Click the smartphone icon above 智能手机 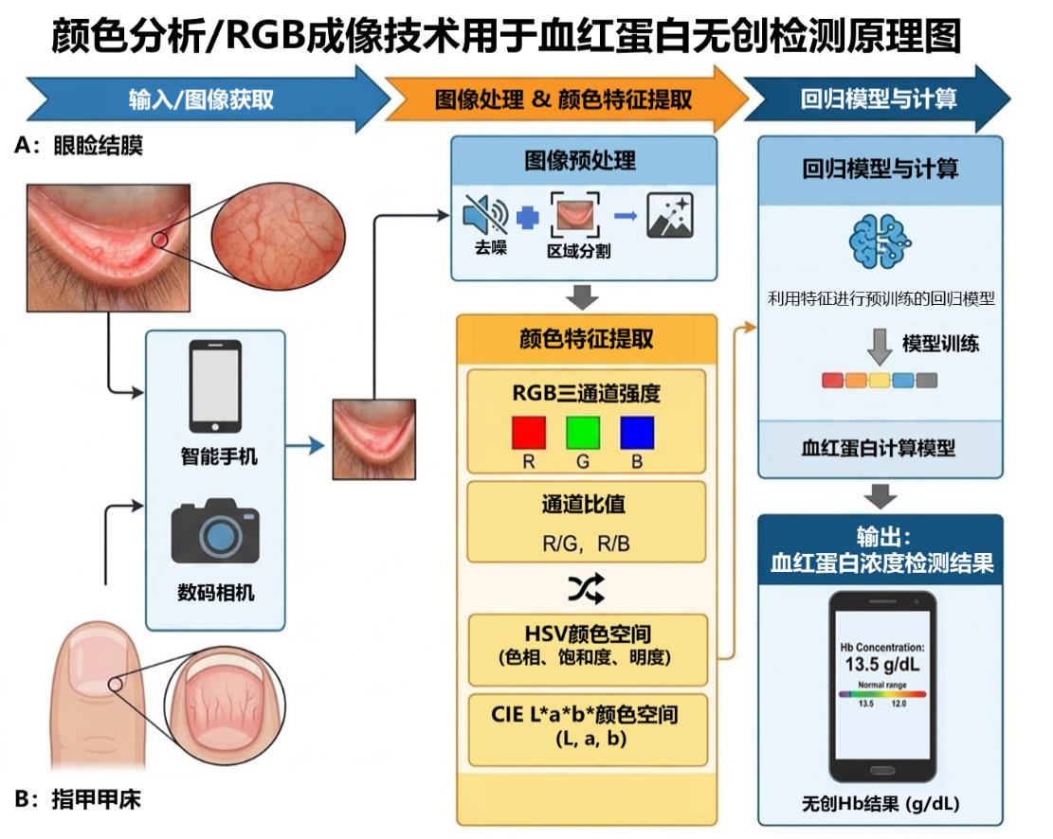pyautogui.click(x=215, y=386)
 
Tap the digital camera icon pyautogui.click(x=215, y=530)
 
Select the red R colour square pyautogui.click(x=529, y=432)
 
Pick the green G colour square pyautogui.click(x=583, y=432)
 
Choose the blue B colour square pyautogui.click(x=637, y=432)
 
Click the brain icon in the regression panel pyautogui.click(x=880, y=241)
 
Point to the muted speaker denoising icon pyautogui.click(x=485, y=216)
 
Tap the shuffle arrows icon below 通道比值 pyautogui.click(x=586, y=589)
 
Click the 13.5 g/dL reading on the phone pyautogui.click(x=881, y=665)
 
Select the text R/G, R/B pyautogui.click(x=586, y=543)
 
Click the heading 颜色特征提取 pyautogui.click(x=586, y=338)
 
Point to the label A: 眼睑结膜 pyautogui.click(x=79, y=145)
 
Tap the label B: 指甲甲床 pyautogui.click(x=78, y=799)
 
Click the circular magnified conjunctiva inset pyautogui.click(x=278, y=236)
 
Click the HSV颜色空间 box pyautogui.click(x=588, y=649)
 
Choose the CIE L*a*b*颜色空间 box pyautogui.click(x=588, y=729)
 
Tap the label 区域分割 pyautogui.click(x=578, y=251)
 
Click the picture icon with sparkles pyautogui.click(x=669, y=216)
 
